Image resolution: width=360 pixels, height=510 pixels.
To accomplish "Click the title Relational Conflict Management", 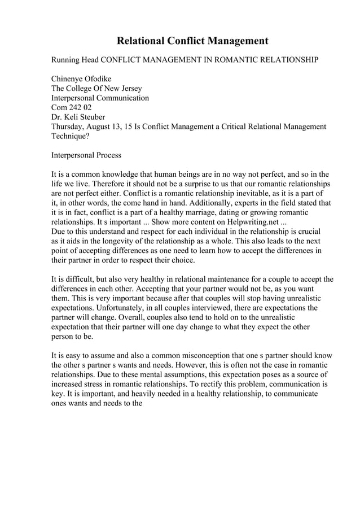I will click(x=192, y=41).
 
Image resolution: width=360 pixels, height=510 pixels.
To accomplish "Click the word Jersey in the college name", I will click(x=129, y=89).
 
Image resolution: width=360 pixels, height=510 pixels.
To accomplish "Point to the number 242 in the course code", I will click(x=78, y=108).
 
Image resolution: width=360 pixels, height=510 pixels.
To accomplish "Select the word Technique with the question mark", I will click(x=72, y=137).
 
